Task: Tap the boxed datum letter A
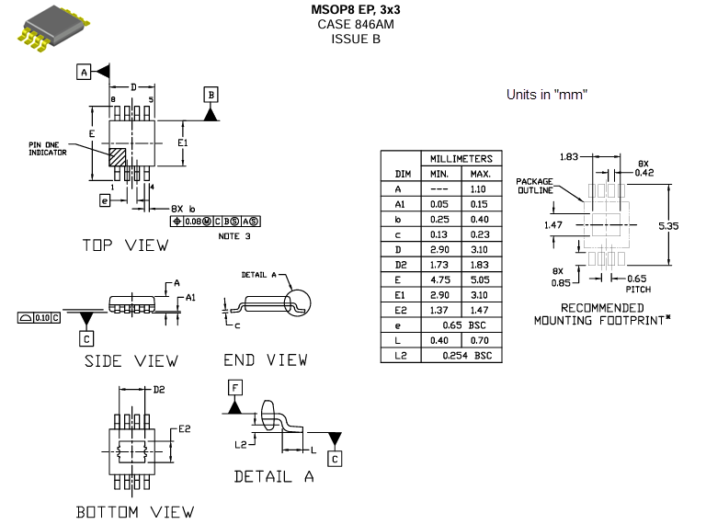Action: point(84,72)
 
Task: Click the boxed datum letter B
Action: point(211,95)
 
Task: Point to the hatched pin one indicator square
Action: point(119,155)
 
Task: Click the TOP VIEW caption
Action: point(125,245)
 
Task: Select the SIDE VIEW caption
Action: point(131,361)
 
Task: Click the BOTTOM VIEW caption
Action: point(135,511)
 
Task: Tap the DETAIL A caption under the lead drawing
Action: point(274,476)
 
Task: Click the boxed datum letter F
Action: point(235,389)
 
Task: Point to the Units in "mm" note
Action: point(547,95)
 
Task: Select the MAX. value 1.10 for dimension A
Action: point(480,189)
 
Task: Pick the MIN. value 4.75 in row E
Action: point(439,280)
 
